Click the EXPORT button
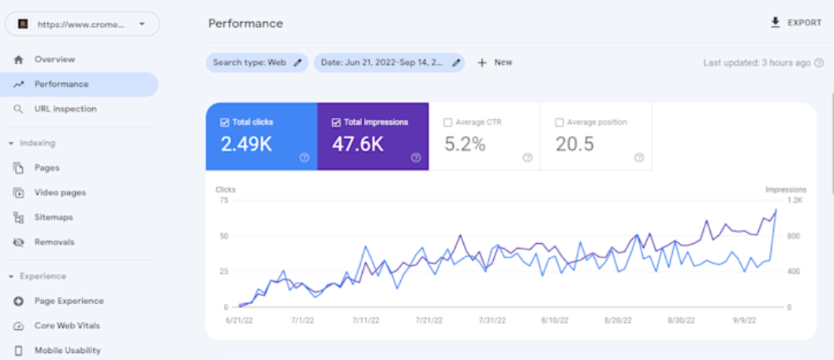(x=795, y=23)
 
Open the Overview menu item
(x=54, y=59)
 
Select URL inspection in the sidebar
(x=65, y=109)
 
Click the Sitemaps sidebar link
(x=54, y=217)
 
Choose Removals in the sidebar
(x=54, y=242)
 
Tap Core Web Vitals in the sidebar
(x=67, y=325)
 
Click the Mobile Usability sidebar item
(x=68, y=351)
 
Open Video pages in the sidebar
(x=60, y=193)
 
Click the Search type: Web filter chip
(x=257, y=62)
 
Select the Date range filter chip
(x=389, y=62)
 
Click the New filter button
(x=495, y=62)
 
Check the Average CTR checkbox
(x=448, y=122)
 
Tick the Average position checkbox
(x=559, y=122)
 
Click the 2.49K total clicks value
(x=246, y=144)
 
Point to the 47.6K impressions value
(x=357, y=144)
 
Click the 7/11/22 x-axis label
(x=366, y=321)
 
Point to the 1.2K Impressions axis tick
(x=795, y=201)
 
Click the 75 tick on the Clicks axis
(x=223, y=201)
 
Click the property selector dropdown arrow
(x=141, y=24)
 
